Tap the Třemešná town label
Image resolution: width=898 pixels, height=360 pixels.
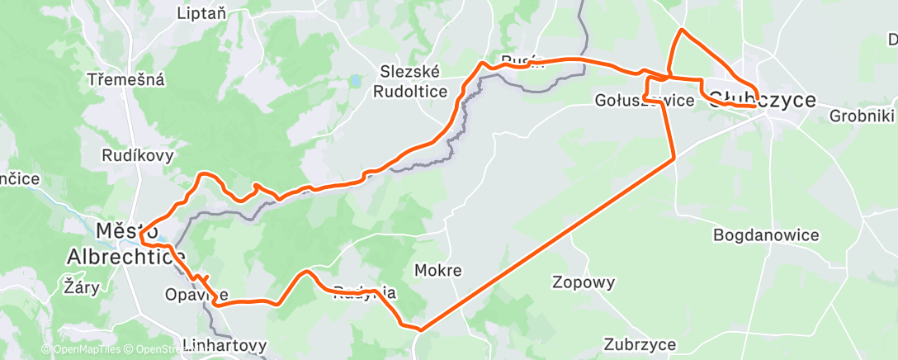(x=127, y=80)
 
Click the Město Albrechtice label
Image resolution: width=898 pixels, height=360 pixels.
(x=126, y=244)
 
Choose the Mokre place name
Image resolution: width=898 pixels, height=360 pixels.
(x=437, y=270)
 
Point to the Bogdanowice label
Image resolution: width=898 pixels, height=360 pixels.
(x=767, y=235)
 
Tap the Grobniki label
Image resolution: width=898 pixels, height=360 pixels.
(x=863, y=116)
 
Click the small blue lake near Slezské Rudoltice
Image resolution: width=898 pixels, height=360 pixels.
(x=354, y=81)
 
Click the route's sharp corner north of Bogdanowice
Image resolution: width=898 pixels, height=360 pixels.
(x=675, y=157)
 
